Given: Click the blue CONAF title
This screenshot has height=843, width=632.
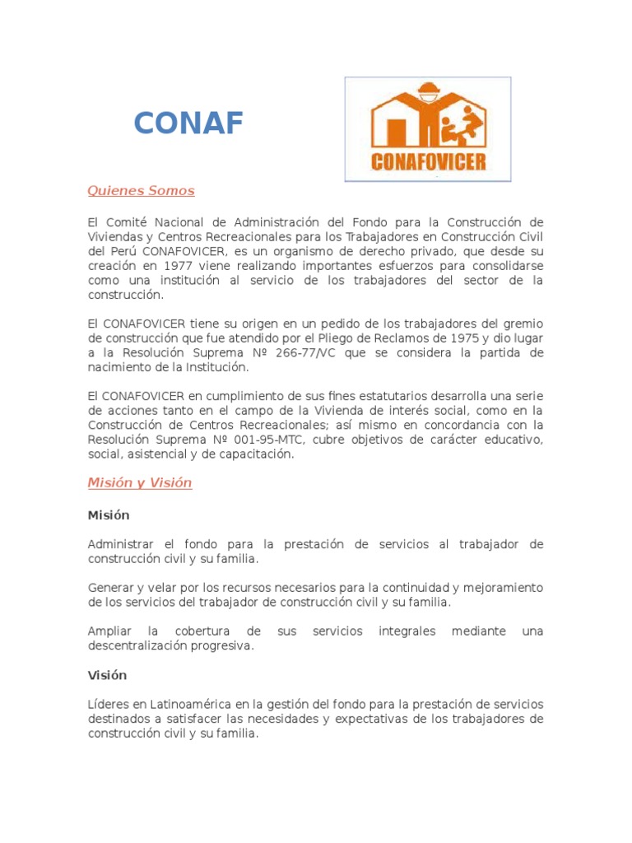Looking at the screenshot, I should [188, 123].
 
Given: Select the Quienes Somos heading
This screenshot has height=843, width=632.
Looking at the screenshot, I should [141, 191].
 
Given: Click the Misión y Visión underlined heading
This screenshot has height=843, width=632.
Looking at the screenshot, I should [140, 483].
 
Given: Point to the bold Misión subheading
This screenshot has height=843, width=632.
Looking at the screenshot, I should [109, 515].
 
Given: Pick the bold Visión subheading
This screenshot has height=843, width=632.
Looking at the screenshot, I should [108, 675].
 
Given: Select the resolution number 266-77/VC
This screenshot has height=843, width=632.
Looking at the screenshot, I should [300, 353].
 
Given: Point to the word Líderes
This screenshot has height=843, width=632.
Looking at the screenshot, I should [109, 705].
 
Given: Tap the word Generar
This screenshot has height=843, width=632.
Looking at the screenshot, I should [111, 588].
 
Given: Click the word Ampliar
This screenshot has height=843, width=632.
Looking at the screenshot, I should [109, 631].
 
